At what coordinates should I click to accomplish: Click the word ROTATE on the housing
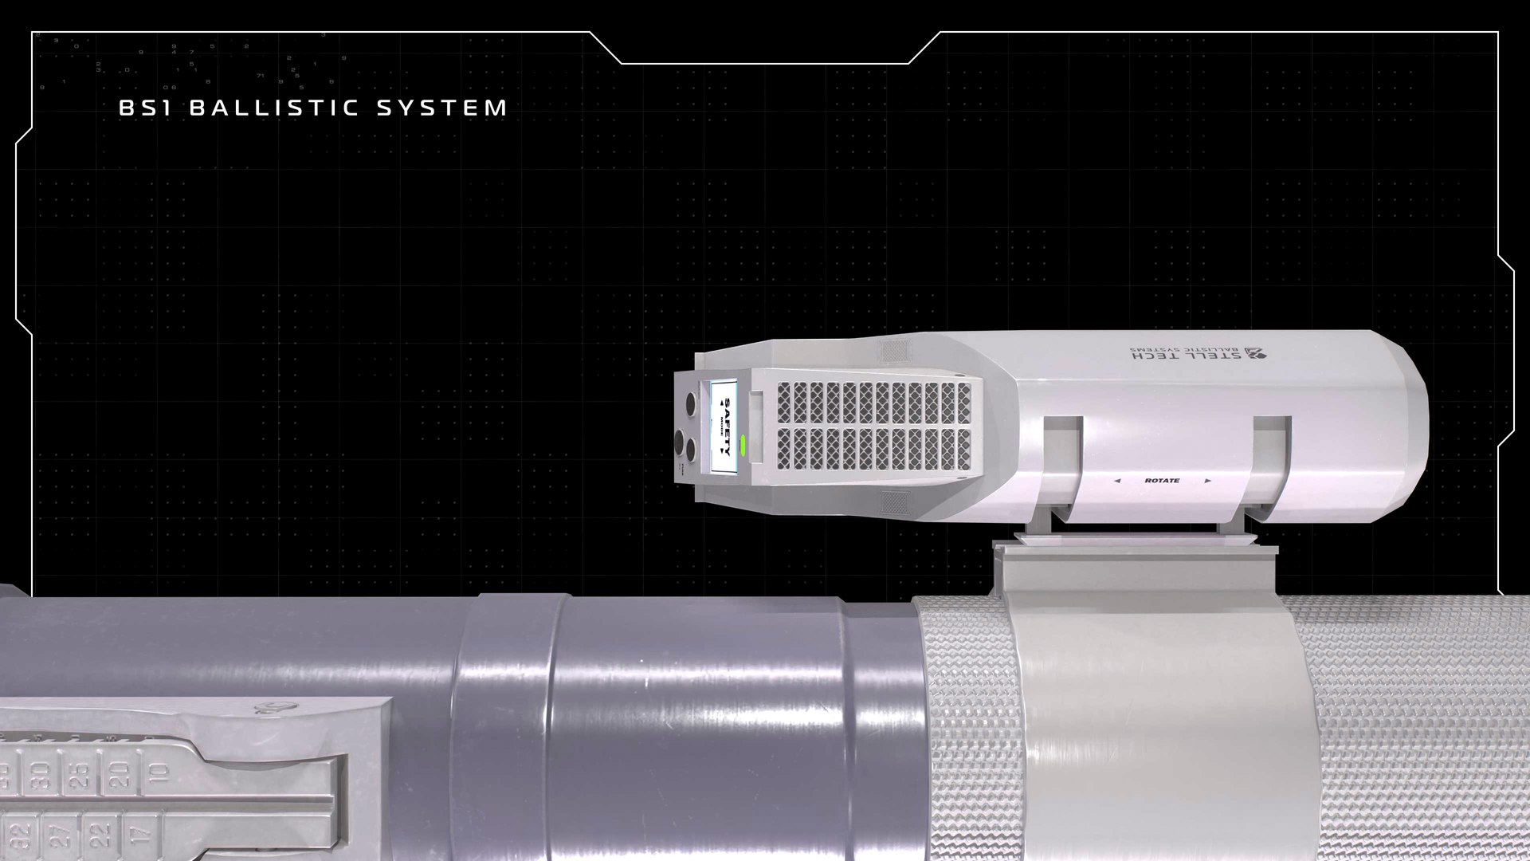[x=1162, y=481]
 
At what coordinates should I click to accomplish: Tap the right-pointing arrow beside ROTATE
[x=1208, y=481]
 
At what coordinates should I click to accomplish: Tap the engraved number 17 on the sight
[x=137, y=839]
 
